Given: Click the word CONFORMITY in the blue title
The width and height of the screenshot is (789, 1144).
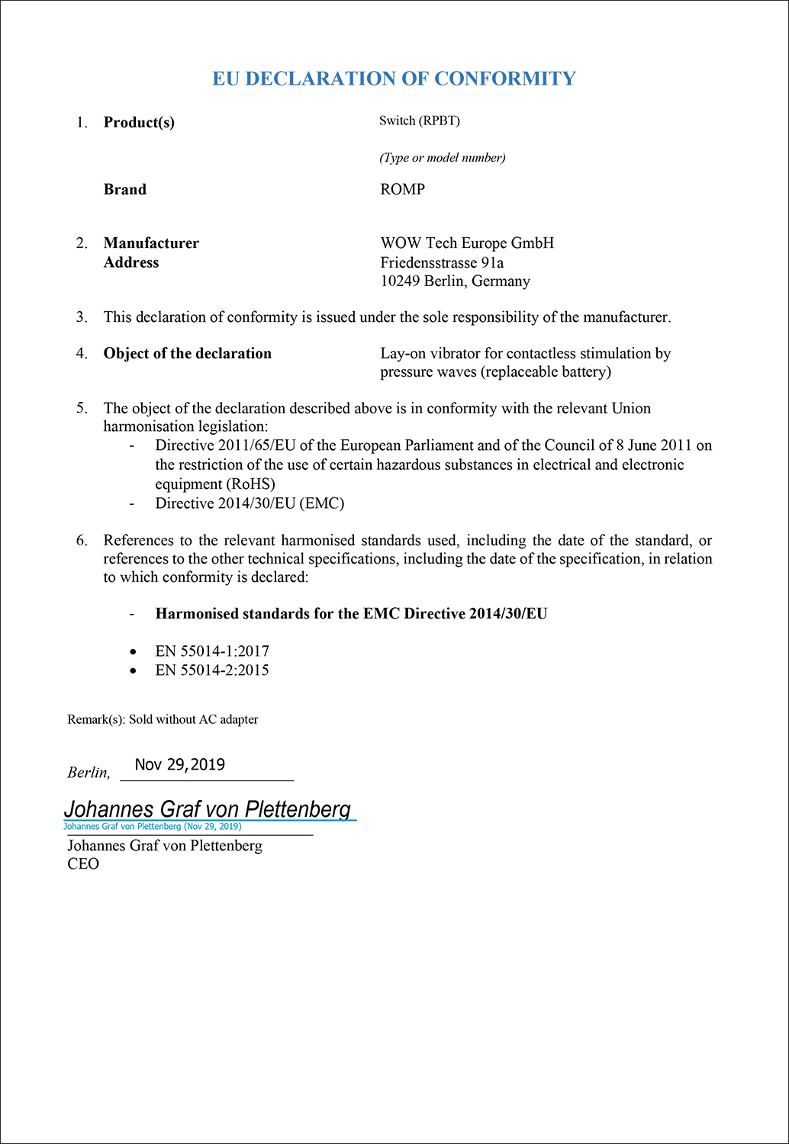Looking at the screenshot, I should (x=504, y=79).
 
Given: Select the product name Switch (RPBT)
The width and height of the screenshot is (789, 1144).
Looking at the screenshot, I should (x=419, y=121).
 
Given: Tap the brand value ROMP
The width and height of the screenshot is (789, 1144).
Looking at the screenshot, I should (x=402, y=189).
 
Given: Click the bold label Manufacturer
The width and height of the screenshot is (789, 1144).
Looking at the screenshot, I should (x=151, y=243).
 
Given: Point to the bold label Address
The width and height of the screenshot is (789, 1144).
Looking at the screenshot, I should (x=131, y=262).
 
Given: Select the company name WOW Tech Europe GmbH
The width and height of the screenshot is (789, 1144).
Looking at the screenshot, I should (x=467, y=243).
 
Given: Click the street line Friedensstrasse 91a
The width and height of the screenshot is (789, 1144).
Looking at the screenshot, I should (x=442, y=262).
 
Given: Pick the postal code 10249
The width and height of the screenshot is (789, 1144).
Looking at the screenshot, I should (x=401, y=281).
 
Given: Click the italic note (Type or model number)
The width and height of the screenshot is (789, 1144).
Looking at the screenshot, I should (x=442, y=158).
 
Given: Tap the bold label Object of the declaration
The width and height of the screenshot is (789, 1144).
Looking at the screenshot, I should (x=187, y=353).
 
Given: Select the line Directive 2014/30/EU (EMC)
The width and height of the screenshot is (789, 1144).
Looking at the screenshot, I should (x=250, y=503).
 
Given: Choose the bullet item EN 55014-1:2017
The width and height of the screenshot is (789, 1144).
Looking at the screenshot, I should (x=212, y=651).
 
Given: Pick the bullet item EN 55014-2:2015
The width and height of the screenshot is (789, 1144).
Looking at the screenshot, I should (x=212, y=670).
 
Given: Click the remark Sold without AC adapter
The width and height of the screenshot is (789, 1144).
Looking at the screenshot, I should (x=193, y=719).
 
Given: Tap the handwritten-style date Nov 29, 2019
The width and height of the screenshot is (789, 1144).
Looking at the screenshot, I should (x=180, y=765).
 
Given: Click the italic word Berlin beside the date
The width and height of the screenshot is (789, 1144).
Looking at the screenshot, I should (x=87, y=773).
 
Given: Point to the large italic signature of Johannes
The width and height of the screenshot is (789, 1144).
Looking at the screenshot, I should (x=207, y=809).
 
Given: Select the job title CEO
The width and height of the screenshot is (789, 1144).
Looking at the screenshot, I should (x=83, y=864).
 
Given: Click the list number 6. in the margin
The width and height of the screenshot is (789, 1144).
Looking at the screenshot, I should (x=82, y=541).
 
